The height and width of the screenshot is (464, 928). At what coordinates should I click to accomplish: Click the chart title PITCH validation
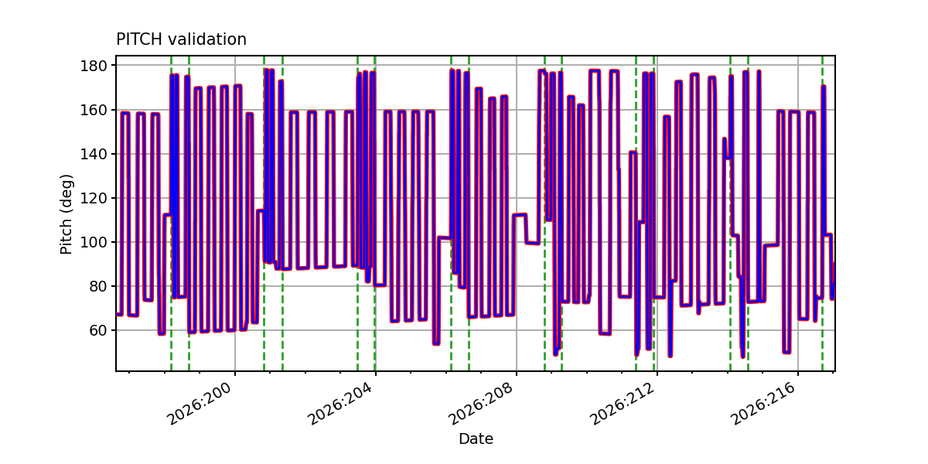point(181,39)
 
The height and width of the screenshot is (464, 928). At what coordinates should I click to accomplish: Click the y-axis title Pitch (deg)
point(66,214)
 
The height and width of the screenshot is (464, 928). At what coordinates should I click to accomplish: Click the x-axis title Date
point(476,438)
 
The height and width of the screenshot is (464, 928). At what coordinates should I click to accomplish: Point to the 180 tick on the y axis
point(94,66)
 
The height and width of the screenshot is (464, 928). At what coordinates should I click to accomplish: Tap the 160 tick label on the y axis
point(94,110)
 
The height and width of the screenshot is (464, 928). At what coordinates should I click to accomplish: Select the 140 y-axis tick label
point(94,154)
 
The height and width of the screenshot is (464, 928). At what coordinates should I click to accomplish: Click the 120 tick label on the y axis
point(94,198)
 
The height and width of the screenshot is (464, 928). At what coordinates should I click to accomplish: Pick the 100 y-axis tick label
point(94,242)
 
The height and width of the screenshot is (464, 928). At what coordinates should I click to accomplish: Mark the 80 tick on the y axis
point(98,286)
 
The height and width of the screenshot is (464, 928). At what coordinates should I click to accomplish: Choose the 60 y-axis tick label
point(98,330)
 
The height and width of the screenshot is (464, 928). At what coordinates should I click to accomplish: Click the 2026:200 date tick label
point(200,404)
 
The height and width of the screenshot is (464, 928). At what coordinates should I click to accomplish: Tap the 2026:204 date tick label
point(340,404)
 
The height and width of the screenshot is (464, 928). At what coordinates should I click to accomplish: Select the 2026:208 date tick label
point(481,404)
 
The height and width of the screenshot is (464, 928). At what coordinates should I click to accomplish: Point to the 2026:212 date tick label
point(623,404)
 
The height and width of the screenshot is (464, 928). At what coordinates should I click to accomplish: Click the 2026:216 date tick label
point(763,404)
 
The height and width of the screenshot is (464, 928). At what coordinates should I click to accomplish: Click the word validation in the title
point(207,39)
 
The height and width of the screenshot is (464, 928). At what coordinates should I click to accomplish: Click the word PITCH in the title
point(139,39)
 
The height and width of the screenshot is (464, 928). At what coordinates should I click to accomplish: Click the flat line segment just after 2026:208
point(520,215)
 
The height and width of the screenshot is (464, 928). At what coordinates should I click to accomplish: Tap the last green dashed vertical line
point(822,213)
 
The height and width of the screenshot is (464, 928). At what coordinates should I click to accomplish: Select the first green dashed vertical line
point(171,213)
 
